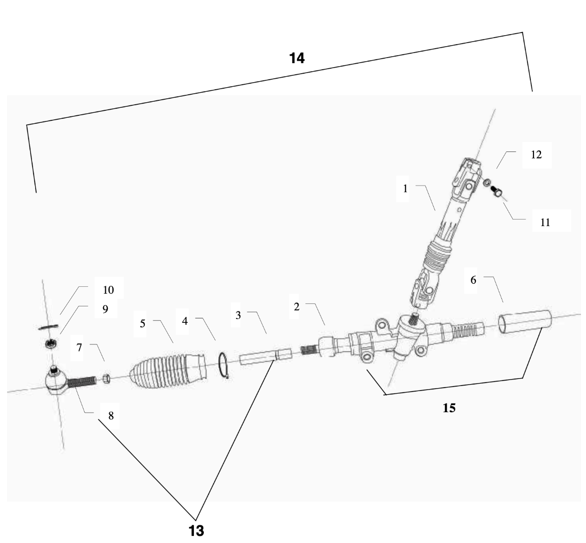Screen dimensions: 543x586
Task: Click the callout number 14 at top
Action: point(297,59)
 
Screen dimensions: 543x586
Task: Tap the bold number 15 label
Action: point(449,408)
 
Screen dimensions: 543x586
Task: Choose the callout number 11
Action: point(545,223)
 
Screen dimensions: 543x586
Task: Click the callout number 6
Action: point(473,281)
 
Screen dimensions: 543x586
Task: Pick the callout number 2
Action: point(297,307)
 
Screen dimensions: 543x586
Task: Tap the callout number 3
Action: point(238,316)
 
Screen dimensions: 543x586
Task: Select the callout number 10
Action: point(108,290)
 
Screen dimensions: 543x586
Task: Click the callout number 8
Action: point(111,416)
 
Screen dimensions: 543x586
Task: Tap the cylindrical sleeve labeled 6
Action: point(525,321)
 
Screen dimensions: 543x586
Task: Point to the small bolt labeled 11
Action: point(498,192)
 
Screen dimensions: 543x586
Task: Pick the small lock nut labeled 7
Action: point(106,377)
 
